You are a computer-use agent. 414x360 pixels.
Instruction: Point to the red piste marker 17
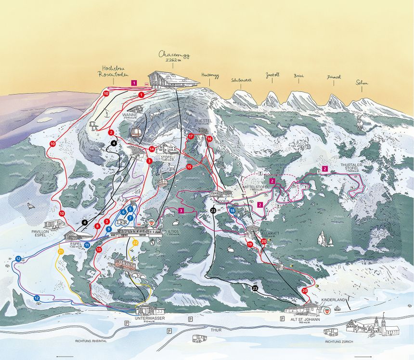click(x=191, y=136)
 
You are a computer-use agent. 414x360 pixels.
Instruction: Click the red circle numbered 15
click(x=189, y=167)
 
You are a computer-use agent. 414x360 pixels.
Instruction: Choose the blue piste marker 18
click(x=232, y=210)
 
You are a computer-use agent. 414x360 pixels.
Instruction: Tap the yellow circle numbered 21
click(x=61, y=252)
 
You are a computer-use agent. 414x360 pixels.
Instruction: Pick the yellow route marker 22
click(x=135, y=242)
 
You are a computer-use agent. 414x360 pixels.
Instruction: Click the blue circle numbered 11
click(x=87, y=245)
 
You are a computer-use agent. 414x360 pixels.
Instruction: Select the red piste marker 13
click(x=99, y=249)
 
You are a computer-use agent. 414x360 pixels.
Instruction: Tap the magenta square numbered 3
click(x=181, y=211)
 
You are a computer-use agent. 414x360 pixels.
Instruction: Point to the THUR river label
click(x=216, y=330)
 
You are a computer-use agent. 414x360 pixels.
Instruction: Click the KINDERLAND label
click(x=333, y=300)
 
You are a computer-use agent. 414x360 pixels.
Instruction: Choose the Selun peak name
click(x=361, y=82)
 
